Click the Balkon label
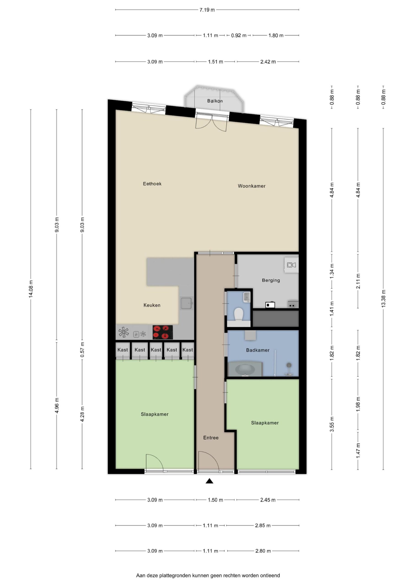[x=215, y=101]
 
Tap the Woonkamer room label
[x=252, y=186]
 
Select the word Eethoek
[x=152, y=184]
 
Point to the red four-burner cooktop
[x=162, y=332]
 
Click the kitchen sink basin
[x=186, y=303]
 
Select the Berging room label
[x=271, y=280]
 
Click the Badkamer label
[x=258, y=350]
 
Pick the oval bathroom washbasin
[x=245, y=369]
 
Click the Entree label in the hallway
[x=211, y=438]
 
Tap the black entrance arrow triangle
[x=210, y=481]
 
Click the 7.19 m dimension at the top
[x=207, y=10]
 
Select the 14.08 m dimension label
[x=31, y=289]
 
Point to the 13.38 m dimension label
[x=383, y=299]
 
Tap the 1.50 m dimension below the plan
[x=215, y=500]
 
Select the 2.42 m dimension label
[x=268, y=62]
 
